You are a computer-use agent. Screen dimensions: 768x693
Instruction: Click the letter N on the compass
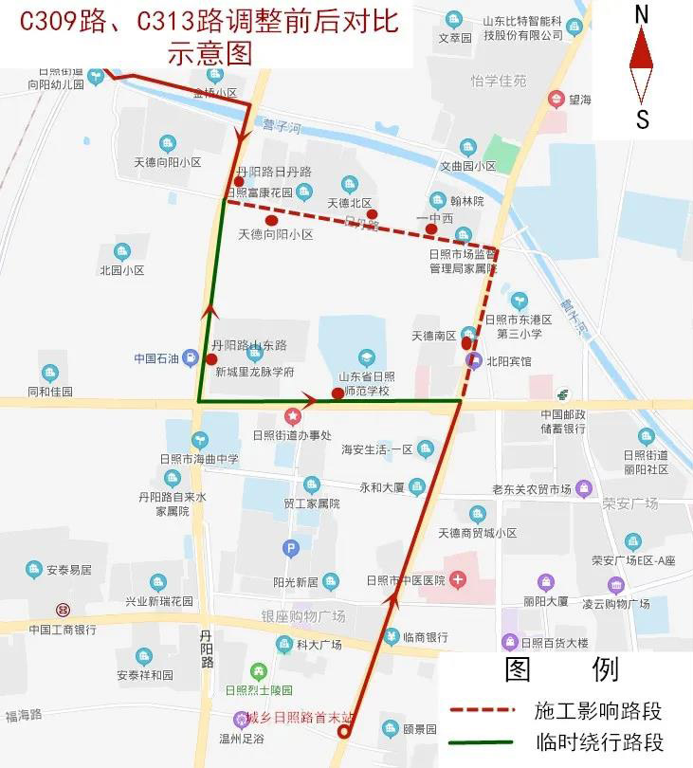click(x=642, y=14)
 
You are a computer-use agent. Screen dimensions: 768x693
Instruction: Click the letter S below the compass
click(x=642, y=119)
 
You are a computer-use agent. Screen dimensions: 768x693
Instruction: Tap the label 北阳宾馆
click(x=509, y=361)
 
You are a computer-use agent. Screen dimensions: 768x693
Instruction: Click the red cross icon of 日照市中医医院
click(x=458, y=578)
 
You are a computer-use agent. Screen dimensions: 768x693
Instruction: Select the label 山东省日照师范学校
click(x=368, y=382)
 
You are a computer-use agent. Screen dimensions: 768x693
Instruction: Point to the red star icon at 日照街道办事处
click(x=293, y=416)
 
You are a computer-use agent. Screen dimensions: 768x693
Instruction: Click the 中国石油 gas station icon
click(x=191, y=358)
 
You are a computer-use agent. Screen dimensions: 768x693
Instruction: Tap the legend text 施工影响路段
click(x=597, y=710)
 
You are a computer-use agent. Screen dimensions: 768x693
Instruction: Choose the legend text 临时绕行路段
click(x=597, y=742)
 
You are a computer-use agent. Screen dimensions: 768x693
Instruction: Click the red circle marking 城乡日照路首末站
click(x=344, y=731)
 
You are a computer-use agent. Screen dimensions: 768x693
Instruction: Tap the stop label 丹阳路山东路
click(x=248, y=345)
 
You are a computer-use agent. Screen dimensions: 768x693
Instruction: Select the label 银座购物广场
click(x=303, y=616)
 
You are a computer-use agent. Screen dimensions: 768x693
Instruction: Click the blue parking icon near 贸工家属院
click(x=291, y=548)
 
